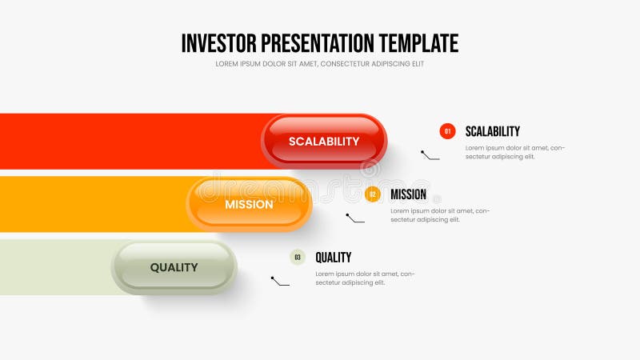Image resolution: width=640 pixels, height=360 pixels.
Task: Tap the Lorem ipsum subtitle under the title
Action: coord(319,64)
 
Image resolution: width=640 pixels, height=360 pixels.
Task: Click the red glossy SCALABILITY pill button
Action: coord(324,141)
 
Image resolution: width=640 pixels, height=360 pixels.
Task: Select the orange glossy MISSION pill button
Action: coord(249,204)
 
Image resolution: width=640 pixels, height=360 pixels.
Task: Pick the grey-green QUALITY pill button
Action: coord(174,267)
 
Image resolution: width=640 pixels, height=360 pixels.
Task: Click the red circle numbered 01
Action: coord(447,131)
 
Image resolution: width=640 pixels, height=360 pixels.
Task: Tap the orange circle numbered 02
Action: coord(372,194)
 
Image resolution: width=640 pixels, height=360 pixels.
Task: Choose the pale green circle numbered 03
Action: coord(298,258)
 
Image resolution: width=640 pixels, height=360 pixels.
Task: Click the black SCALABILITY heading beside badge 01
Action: coord(492,131)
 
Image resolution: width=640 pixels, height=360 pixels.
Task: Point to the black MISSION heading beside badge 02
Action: coord(408,194)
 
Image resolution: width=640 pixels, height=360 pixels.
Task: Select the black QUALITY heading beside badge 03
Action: coord(333,258)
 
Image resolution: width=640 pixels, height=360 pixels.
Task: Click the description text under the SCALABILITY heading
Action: coord(514,152)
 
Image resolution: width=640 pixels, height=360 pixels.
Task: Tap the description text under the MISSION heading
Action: coord(439,215)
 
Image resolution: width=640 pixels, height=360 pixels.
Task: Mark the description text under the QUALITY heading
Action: coord(364,278)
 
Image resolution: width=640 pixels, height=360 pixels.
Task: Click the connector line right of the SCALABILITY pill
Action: coord(430,155)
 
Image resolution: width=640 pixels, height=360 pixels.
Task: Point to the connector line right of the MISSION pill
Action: coord(355,218)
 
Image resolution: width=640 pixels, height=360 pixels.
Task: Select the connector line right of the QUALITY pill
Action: coord(280,282)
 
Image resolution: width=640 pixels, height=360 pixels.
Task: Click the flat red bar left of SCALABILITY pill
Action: coord(128,141)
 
